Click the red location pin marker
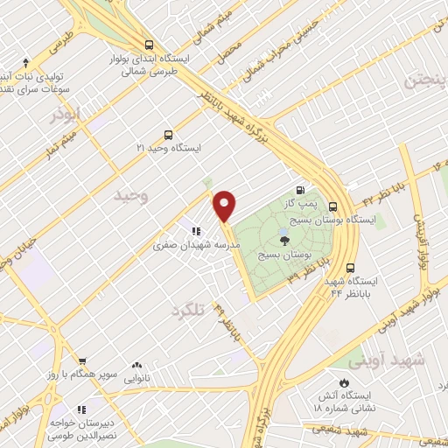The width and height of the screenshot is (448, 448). coord(225,204)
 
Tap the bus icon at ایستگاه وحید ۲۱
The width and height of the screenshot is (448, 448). coord(168,135)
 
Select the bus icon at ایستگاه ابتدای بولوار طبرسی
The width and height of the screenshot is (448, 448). coord(150,45)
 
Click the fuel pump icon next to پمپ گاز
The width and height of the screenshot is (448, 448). coord(301,191)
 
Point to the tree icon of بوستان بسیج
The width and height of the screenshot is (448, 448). coord(282,239)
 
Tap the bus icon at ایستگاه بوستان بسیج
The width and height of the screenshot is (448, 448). coord(332,206)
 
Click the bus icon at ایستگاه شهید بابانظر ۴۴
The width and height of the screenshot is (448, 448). coord(351,269)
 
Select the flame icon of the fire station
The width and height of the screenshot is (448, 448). coord(343,382)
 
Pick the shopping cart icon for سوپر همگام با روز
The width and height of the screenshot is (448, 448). coord(82,360)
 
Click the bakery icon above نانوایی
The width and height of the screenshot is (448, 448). coord(136,366)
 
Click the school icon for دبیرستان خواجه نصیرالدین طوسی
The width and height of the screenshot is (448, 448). coord(82,409)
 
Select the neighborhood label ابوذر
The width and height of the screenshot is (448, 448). coord(65,114)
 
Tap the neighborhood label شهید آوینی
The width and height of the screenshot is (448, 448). coord(386,360)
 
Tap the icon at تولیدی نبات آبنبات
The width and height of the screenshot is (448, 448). coord(26,62)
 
